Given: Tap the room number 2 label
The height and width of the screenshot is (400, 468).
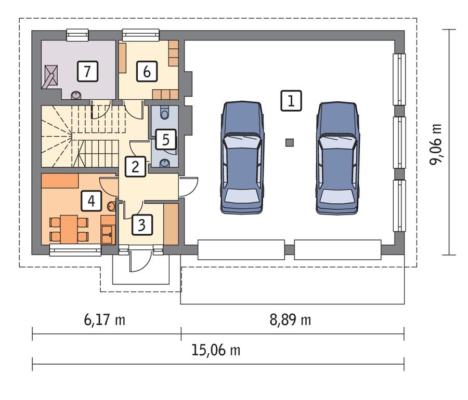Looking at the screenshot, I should (x=135, y=167).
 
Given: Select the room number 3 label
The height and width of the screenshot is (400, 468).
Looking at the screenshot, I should (x=141, y=225).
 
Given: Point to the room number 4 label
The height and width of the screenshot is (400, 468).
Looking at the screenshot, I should (x=91, y=201).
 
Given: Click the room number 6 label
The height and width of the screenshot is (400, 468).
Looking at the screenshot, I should (x=147, y=72).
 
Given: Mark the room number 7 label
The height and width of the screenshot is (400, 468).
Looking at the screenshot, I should (x=87, y=72).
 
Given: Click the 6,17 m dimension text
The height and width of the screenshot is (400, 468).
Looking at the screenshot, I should (x=105, y=319).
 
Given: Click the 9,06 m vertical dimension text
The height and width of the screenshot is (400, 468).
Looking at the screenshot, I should (x=435, y=143).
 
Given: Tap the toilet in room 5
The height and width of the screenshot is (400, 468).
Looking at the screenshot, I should (x=165, y=113).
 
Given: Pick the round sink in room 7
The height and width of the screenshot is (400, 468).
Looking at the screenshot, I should (x=76, y=95).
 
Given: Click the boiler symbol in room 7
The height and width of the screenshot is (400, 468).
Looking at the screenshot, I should (x=50, y=75).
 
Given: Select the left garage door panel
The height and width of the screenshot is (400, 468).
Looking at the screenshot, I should (x=241, y=249).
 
